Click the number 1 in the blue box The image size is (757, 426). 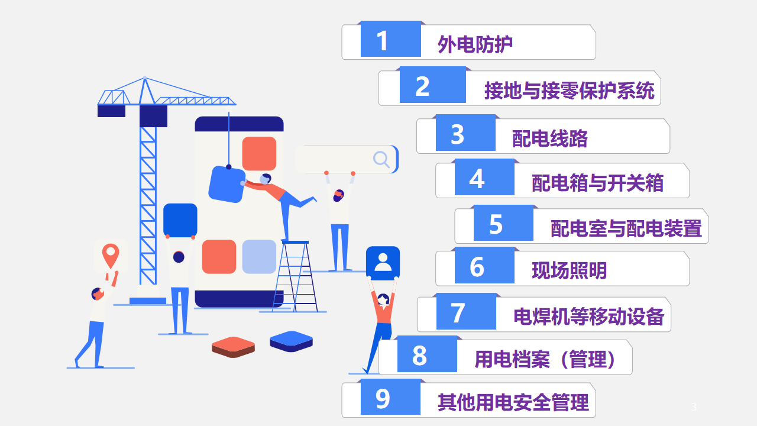pyautogui.click(x=382, y=41)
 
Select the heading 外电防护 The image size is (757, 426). pyautogui.click(x=475, y=44)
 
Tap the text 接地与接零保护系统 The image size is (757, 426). pyautogui.click(x=570, y=91)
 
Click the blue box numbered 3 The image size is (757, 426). pyautogui.click(x=465, y=133)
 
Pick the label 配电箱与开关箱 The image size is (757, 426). pyautogui.click(x=597, y=183)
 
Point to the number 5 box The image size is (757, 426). pyautogui.click(x=503, y=223)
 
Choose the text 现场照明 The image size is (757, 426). pyautogui.click(x=569, y=270)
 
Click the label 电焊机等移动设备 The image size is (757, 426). pyautogui.click(x=588, y=317)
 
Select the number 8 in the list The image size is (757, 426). pyautogui.click(x=419, y=356)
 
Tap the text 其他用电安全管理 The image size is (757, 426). pyautogui.click(x=513, y=402)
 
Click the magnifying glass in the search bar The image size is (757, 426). pyautogui.click(x=381, y=159)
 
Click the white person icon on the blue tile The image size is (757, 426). pyautogui.click(x=383, y=263)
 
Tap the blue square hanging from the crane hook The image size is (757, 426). pyautogui.click(x=227, y=184)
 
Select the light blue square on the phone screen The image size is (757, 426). pyautogui.click(x=259, y=257)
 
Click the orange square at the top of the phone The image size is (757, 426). pyautogui.click(x=259, y=153)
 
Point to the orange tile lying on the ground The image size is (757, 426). pyautogui.click(x=233, y=347)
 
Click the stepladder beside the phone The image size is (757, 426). pyautogui.click(x=295, y=276)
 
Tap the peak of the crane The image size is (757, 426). pyautogui.click(x=145, y=78)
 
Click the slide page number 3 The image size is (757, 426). pyautogui.click(x=694, y=406)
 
